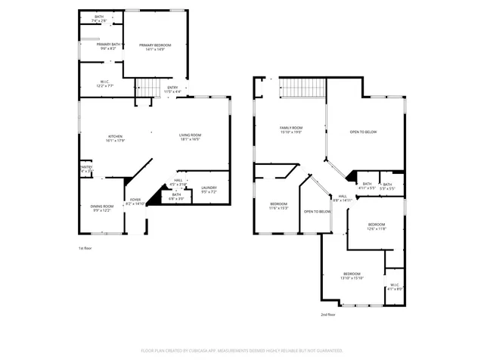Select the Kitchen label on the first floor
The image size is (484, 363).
click(114, 138)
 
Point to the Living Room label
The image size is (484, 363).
click(190, 138)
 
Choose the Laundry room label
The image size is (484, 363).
click(209, 189)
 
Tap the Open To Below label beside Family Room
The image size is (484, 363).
click(363, 132)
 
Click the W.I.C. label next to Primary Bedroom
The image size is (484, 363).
click(105, 83)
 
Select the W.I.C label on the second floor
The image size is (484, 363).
click(395, 287)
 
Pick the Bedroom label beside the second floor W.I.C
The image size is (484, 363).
click(352, 275)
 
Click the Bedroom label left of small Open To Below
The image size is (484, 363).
click(279, 206)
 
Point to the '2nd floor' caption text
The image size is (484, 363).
click(329, 314)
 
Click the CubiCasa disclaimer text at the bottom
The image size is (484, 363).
click(242, 351)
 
